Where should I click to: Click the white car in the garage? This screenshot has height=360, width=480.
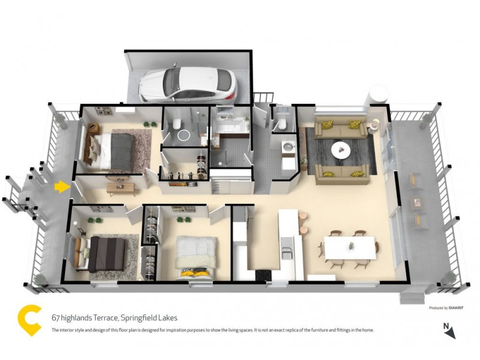click(x=188, y=84)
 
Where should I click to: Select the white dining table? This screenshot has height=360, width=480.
click(x=350, y=247)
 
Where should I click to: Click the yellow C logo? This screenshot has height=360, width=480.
click(x=29, y=320)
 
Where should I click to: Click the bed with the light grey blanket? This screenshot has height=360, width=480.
click(x=195, y=252)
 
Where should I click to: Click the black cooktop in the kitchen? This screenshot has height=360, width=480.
click(x=262, y=274)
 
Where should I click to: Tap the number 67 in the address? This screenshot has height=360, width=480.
click(x=55, y=318)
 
